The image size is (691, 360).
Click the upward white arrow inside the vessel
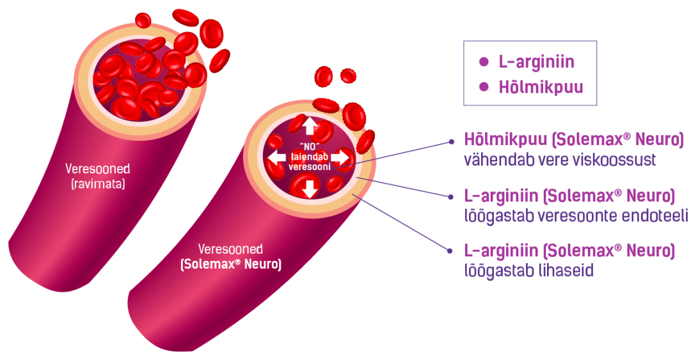pyautogui.click(x=310, y=125)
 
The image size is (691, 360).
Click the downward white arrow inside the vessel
pyautogui.click(x=310, y=188)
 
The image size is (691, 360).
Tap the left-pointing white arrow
pyautogui.click(x=276, y=157)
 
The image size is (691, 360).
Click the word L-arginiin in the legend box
pyautogui.click(x=536, y=62)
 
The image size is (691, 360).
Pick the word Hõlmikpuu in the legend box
pyautogui.click(x=541, y=87)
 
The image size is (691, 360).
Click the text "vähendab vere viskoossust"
pyautogui.click(x=560, y=160)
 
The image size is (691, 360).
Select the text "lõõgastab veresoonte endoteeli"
pyautogui.click(x=576, y=216)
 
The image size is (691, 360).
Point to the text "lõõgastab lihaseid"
pyautogui.click(x=528, y=270)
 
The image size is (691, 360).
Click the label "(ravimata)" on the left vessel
pyautogui.click(x=97, y=184)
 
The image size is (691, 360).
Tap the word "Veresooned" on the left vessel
pyautogui.click(x=97, y=169)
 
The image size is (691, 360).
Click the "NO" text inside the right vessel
pyautogui.click(x=309, y=143)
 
